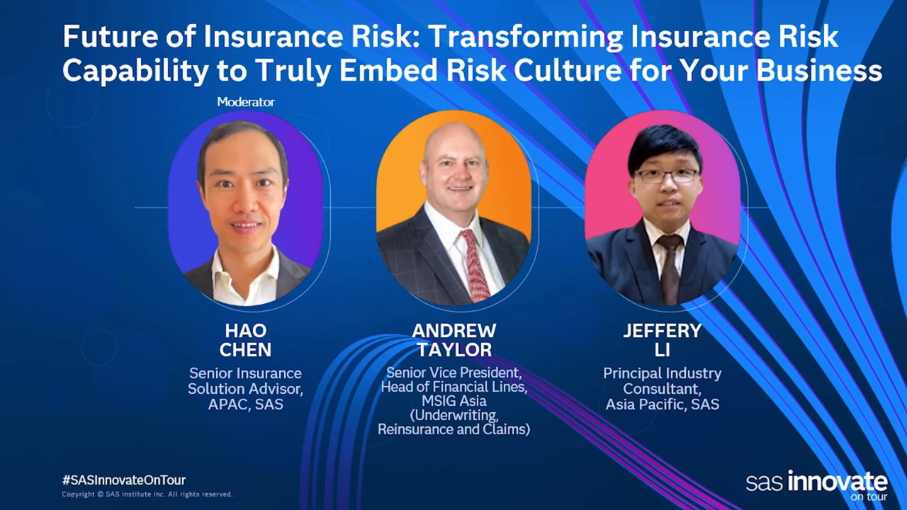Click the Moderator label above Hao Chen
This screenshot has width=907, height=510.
click(x=246, y=101)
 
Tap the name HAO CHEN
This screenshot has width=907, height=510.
click(x=245, y=340)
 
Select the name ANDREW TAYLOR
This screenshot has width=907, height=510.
click(x=454, y=340)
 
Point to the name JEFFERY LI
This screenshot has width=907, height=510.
click(x=663, y=340)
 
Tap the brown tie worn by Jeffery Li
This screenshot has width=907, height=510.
click(x=670, y=269)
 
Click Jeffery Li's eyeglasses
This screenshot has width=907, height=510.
click(x=666, y=176)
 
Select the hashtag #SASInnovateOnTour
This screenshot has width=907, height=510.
click(x=124, y=480)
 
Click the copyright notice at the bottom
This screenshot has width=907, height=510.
click(x=147, y=494)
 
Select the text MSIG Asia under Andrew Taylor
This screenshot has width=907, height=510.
click(x=454, y=401)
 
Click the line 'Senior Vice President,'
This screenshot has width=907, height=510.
click(x=454, y=373)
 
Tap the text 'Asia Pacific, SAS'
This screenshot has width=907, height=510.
click(x=663, y=404)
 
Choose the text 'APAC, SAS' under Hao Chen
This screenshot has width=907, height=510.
click(x=245, y=404)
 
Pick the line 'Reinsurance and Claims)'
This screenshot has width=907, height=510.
click(x=454, y=429)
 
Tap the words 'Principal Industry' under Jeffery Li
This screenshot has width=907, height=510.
click(x=663, y=373)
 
